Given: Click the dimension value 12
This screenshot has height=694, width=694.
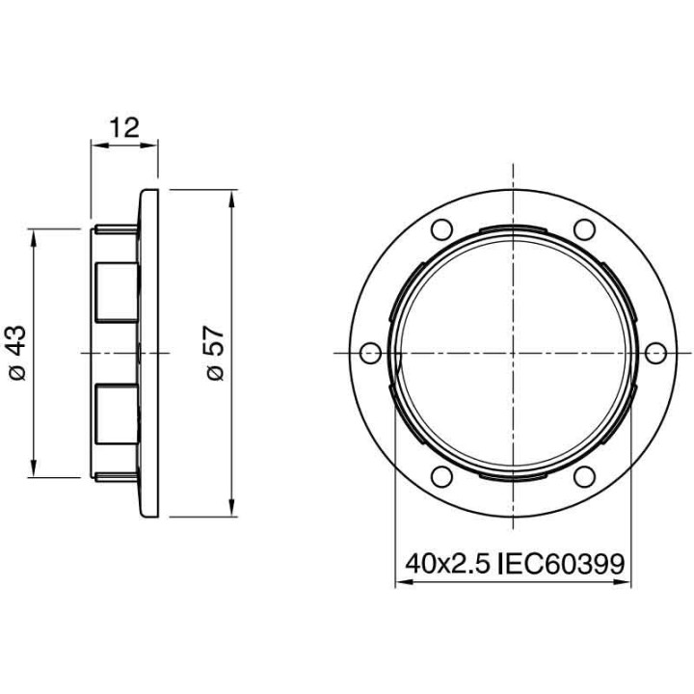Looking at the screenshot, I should tap(124, 127).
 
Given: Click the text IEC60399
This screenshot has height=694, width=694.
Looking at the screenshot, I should tap(562, 562).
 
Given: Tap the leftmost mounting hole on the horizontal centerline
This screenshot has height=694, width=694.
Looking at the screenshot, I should tap(369, 353).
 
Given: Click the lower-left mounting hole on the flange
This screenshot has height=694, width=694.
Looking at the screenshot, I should tap(440, 476).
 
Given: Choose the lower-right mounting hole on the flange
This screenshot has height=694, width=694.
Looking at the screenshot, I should tap(583, 476).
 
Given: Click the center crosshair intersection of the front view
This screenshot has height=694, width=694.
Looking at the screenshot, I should tap(512, 353).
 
